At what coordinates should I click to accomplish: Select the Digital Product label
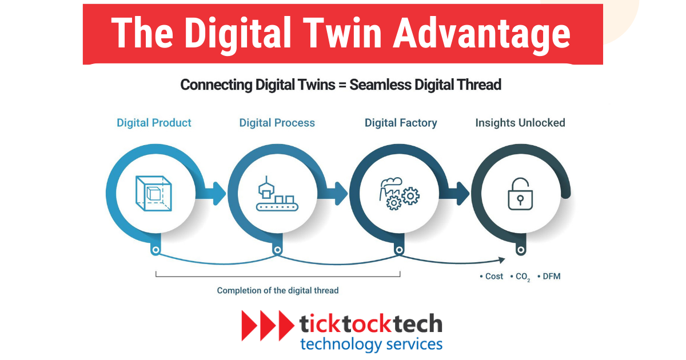[x=154, y=123]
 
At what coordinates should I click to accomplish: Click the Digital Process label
[x=277, y=123]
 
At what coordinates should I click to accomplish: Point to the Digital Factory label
[x=401, y=123]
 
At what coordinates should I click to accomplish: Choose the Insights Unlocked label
[x=520, y=123]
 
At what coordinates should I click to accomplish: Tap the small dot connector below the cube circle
[x=155, y=250]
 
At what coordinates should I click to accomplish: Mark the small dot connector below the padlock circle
[x=520, y=250]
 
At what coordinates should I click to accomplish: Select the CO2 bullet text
[x=523, y=277]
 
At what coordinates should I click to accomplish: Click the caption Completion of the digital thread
[x=278, y=290]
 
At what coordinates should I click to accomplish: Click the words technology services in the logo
[x=371, y=344]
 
